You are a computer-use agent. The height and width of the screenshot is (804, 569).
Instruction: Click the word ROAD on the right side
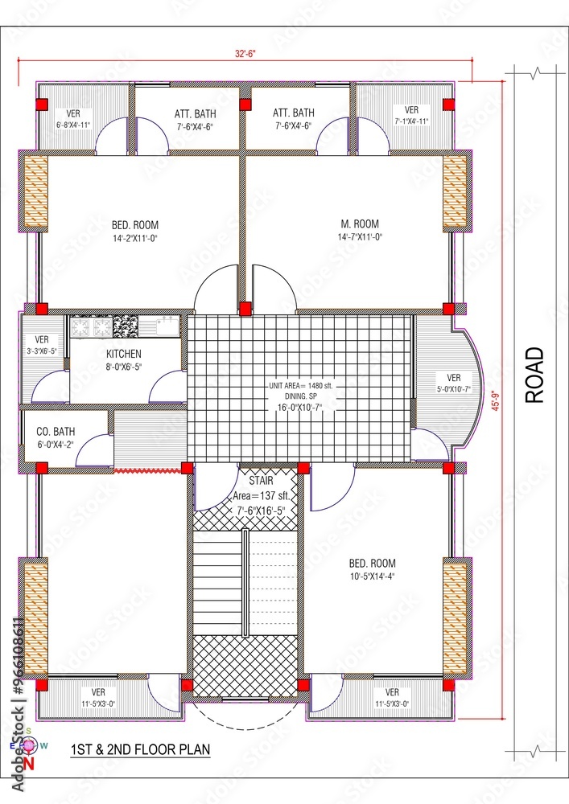534,375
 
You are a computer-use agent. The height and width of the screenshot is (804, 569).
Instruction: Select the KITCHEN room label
124,354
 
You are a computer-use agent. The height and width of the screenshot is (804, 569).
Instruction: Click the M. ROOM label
359,224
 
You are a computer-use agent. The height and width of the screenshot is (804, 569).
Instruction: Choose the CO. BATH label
56,432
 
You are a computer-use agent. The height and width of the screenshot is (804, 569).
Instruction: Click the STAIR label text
262,481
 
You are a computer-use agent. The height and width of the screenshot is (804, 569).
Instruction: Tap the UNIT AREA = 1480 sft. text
301,386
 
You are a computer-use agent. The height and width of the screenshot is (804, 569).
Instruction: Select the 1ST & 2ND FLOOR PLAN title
140,749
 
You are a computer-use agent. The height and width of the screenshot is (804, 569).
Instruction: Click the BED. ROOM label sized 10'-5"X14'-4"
372,564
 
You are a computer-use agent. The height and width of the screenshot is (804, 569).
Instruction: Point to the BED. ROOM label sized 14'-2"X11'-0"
134,224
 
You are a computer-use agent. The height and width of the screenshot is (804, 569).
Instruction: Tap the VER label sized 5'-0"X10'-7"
454,378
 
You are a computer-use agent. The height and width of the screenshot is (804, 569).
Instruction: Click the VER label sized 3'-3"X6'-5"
42,339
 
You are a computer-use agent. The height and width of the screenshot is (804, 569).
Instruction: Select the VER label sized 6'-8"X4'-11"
73,113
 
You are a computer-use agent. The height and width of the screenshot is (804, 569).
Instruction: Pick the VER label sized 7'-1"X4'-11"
411,110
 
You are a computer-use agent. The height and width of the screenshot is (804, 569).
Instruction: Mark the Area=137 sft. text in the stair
261,495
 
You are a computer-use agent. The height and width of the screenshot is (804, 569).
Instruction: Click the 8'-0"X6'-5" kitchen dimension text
124,367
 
